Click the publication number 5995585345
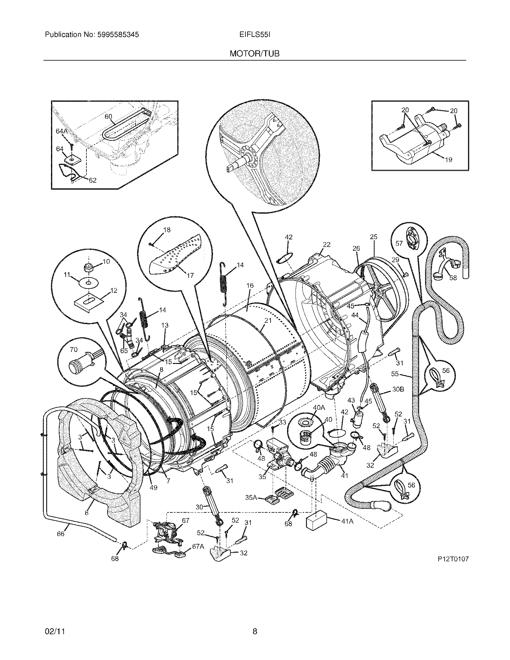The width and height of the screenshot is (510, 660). (118, 35)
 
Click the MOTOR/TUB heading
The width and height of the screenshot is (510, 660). (254, 54)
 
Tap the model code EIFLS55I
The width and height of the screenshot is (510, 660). (254, 35)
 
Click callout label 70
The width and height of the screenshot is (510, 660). (73, 349)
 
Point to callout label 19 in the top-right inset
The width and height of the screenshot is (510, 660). (449, 160)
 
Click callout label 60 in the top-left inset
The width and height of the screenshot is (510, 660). (108, 116)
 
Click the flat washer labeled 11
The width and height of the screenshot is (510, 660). (88, 283)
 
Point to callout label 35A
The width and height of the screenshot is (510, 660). (251, 497)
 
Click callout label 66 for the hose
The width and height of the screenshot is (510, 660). (61, 534)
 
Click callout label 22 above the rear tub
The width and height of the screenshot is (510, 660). (327, 244)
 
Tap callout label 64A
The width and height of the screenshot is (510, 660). (61, 131)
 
